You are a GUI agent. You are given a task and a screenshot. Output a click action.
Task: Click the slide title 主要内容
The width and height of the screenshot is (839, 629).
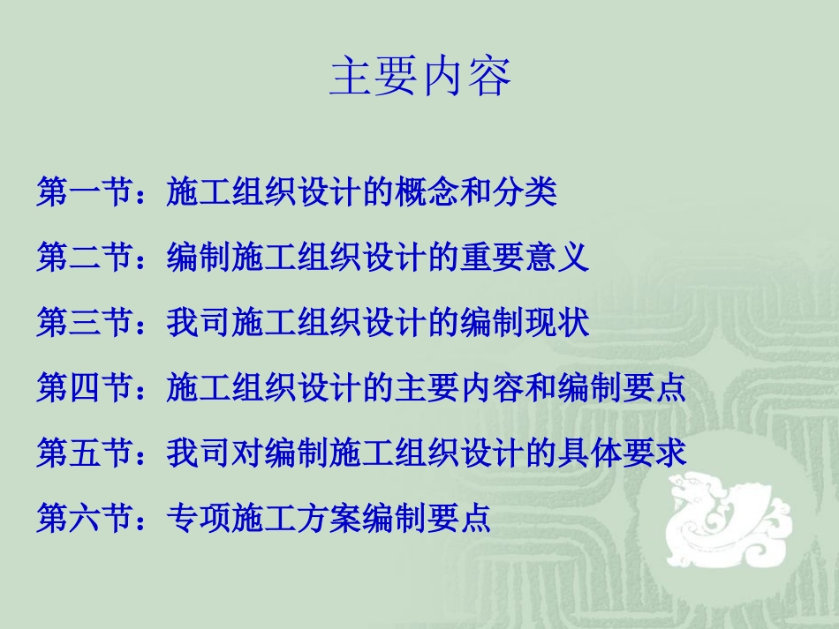pos(420,78)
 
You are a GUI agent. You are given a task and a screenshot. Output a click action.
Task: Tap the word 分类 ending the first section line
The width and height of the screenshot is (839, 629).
pos(525,191)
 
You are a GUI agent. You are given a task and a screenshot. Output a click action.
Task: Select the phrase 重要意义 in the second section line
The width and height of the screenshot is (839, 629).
pos(525,258)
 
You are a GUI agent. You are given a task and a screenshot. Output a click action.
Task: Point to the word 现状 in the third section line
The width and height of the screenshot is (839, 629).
pos(558,323)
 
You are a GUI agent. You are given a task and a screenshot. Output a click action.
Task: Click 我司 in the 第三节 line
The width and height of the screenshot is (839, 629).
pos(199,323)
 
